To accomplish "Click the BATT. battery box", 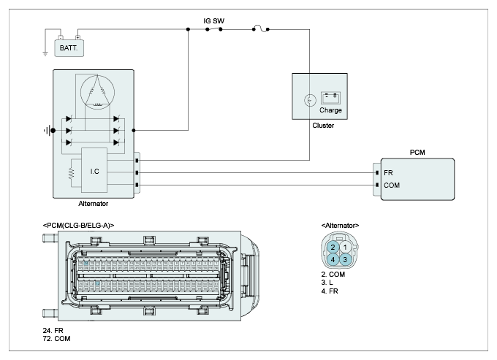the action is pos(69,48).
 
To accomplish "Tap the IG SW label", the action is pos(214,21).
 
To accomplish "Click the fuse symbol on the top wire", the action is pos(260,28).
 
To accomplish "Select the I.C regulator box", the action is pos(94,170).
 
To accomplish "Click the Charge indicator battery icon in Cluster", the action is pos(330,98).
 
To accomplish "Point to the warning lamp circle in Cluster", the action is pos(310,100).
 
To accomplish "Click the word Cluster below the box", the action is pos(323,126).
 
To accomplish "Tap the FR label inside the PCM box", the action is pos(388,173).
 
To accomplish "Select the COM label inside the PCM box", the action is pos(392,185).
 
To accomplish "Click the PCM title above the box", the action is pos(417,153).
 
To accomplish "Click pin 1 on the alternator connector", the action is pos(345,248).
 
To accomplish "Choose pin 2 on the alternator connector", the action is pos(333,248).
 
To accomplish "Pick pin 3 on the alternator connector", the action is pos(345,260).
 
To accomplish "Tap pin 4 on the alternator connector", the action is pos(333,260).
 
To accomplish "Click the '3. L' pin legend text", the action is pos(327,283).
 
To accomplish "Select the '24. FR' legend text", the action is pos(53,330).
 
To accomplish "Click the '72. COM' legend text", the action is pos(56,339).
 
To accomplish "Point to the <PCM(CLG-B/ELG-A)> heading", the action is pos(78,226).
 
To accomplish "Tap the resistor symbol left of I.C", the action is pos(72,173).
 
